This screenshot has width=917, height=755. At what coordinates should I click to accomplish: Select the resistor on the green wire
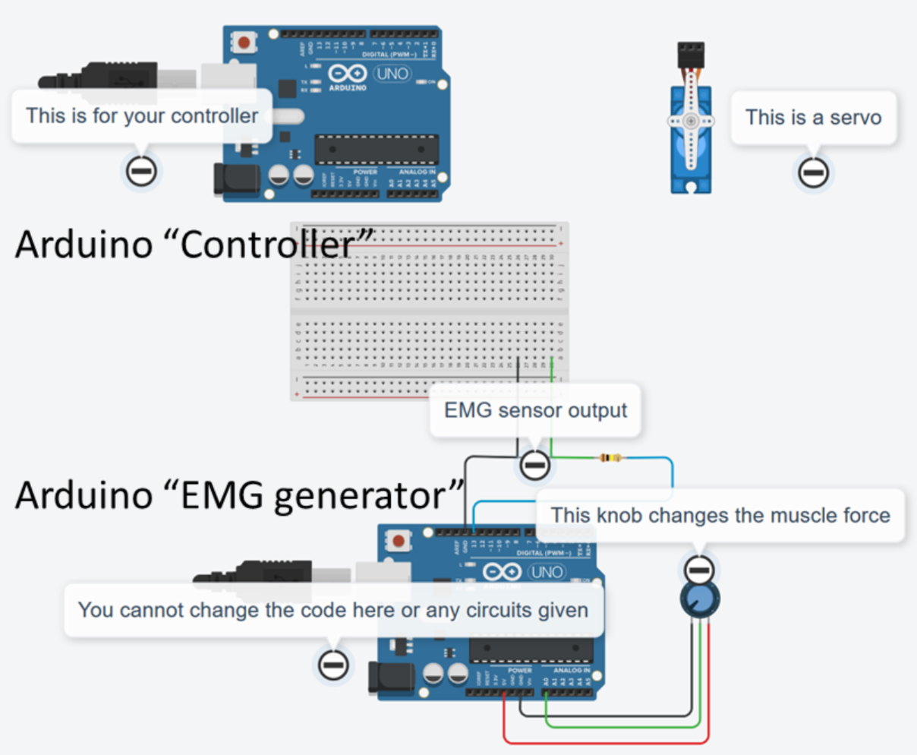point(610,458)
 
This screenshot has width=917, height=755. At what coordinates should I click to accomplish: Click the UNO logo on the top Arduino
point(392,74)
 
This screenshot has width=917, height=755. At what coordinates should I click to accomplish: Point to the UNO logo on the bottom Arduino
point(546,572)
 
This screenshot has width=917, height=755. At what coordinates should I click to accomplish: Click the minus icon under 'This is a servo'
point(812,173)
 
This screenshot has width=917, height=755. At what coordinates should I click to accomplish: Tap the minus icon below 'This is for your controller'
point(141,171)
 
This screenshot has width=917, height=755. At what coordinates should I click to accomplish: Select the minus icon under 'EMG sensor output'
point(534,463)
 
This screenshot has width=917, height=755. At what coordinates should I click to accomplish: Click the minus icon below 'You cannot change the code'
point(332,665)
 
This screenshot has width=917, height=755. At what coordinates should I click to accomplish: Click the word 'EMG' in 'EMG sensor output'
point(468,411)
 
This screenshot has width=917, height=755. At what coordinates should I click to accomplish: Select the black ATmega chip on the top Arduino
point(377,150)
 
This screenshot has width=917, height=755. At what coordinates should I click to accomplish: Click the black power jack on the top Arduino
point(236,179)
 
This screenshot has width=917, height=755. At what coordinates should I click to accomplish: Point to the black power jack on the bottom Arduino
point(390,678)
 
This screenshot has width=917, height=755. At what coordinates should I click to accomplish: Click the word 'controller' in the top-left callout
point(214,116)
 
